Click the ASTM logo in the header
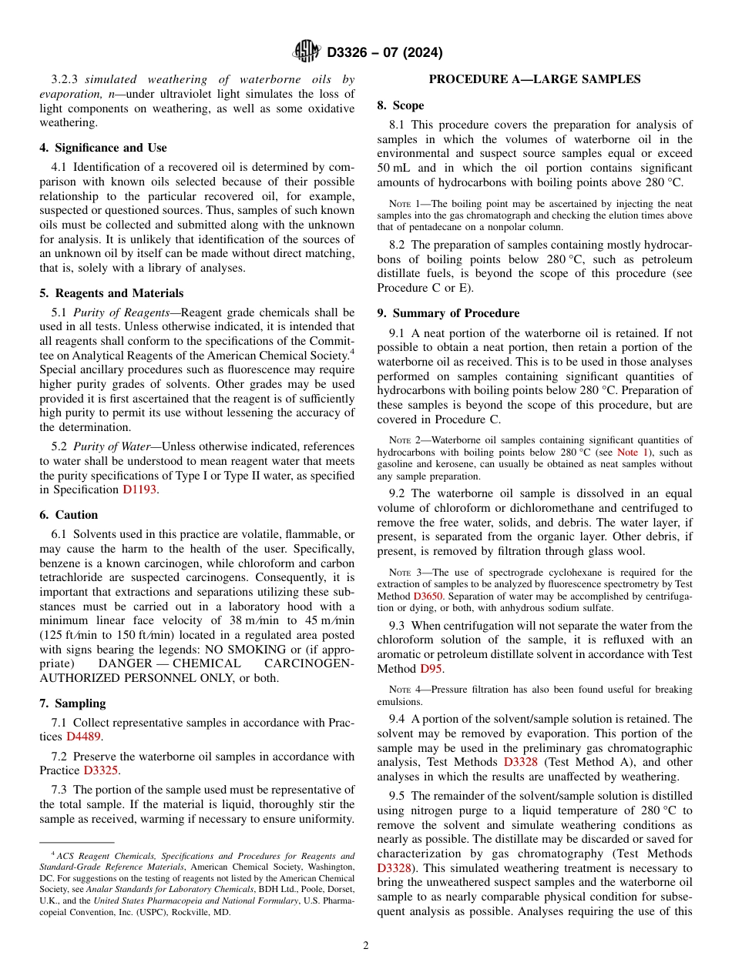coord(307,52)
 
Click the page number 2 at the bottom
coord(366,946)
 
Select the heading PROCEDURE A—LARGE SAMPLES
coord(534,79)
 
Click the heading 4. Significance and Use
coord(102,148)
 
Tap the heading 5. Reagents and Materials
coord(111,293)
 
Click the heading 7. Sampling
coord(72,703)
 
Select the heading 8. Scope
coord(400,105)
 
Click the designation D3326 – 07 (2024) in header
coord(384,53)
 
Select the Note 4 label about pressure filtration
coord(400,690)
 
